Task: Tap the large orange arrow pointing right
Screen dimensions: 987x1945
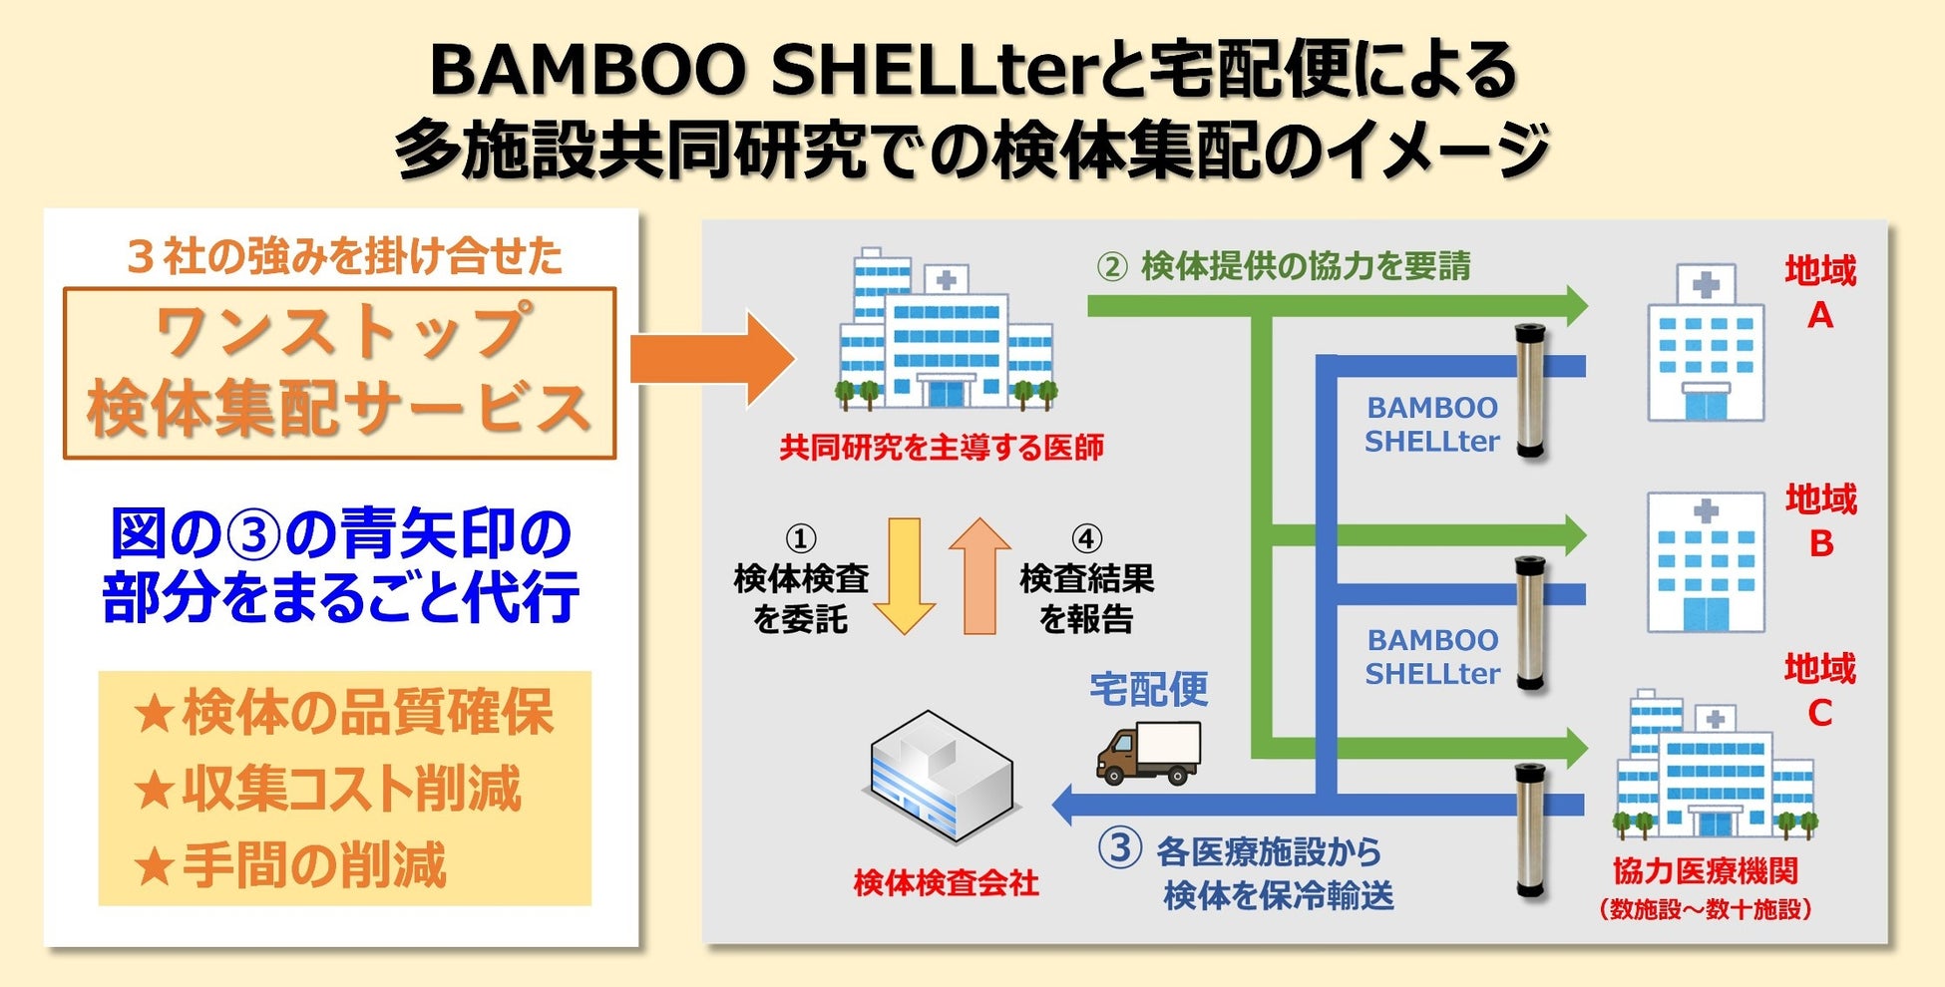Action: tap(712, 359)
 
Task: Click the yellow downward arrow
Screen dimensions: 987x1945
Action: tap(904, 576)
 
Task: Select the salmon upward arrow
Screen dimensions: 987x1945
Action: tap(979, 576)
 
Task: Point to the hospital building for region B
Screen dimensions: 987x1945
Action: tap(1706, 563)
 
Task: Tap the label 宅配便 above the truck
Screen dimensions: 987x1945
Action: tap(1148, 689)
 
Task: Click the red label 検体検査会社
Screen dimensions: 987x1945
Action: tap(946, 883)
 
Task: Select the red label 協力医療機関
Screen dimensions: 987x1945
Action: tap(1706, 870)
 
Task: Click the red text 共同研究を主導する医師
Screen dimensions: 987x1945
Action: tap(942, 447)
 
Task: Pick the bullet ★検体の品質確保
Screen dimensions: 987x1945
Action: tap(343, 713)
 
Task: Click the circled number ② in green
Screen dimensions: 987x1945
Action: tap(1112, 267)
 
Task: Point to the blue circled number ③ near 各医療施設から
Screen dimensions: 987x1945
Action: tap(1119, 848)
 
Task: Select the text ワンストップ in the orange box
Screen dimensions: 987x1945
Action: tap(340, 331)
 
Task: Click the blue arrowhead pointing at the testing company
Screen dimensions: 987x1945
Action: tap(1065, 804)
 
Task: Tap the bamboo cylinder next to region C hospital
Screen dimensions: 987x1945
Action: tap(1530, 830)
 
